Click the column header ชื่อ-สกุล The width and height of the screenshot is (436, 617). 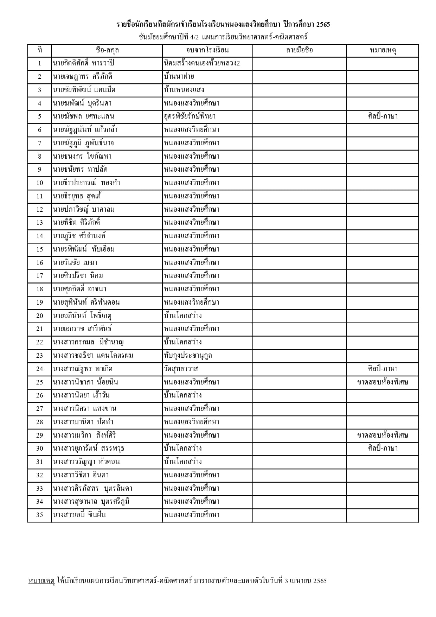coord(107,50)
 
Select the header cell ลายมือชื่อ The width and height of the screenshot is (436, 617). coord(299,50)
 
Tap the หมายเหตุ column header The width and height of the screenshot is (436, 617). coord(383,50)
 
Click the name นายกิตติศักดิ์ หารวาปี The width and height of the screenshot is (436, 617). coord(83,63)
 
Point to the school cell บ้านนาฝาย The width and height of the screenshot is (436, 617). coord(179,77)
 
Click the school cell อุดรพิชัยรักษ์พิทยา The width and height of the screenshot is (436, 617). coord(190,116)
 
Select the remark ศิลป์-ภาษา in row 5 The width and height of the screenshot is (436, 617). coord(383,116)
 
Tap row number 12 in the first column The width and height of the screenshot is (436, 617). coord(39,210)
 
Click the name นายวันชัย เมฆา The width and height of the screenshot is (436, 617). coord(75,263)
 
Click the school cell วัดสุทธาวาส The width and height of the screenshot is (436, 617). coord(181,369)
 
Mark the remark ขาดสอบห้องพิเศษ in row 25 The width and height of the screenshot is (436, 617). coord(383,382)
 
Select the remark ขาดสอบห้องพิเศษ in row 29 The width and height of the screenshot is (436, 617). coord(383,435)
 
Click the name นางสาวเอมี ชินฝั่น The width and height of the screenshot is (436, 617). coord(79,515)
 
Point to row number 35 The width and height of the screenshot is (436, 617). coord(39,515)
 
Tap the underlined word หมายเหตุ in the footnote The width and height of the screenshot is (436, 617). coord(41,581)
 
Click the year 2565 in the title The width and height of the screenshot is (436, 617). coord(323,25)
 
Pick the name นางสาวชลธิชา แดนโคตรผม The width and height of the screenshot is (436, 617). coord(93,356)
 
